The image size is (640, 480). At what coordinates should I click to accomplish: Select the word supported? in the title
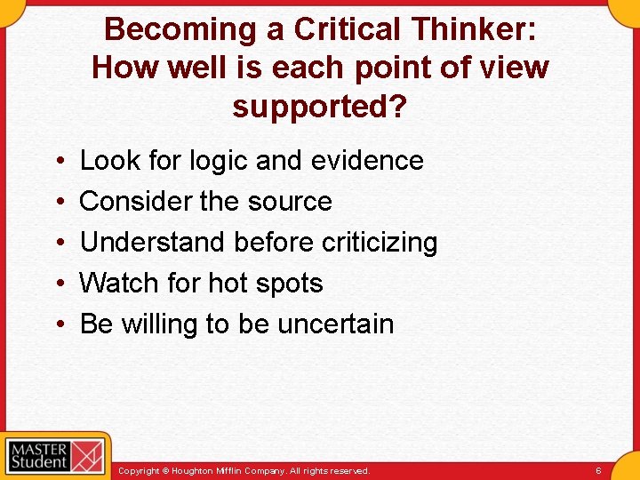pos(320,106)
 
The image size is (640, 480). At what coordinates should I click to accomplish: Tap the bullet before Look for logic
pos(57,162)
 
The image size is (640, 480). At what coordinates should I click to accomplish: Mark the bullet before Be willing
pos(57,325)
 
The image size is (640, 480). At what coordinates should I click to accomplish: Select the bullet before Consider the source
pos(57,203)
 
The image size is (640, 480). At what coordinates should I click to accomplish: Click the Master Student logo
pos(55,456)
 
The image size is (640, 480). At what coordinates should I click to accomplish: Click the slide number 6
pos(598,470)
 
